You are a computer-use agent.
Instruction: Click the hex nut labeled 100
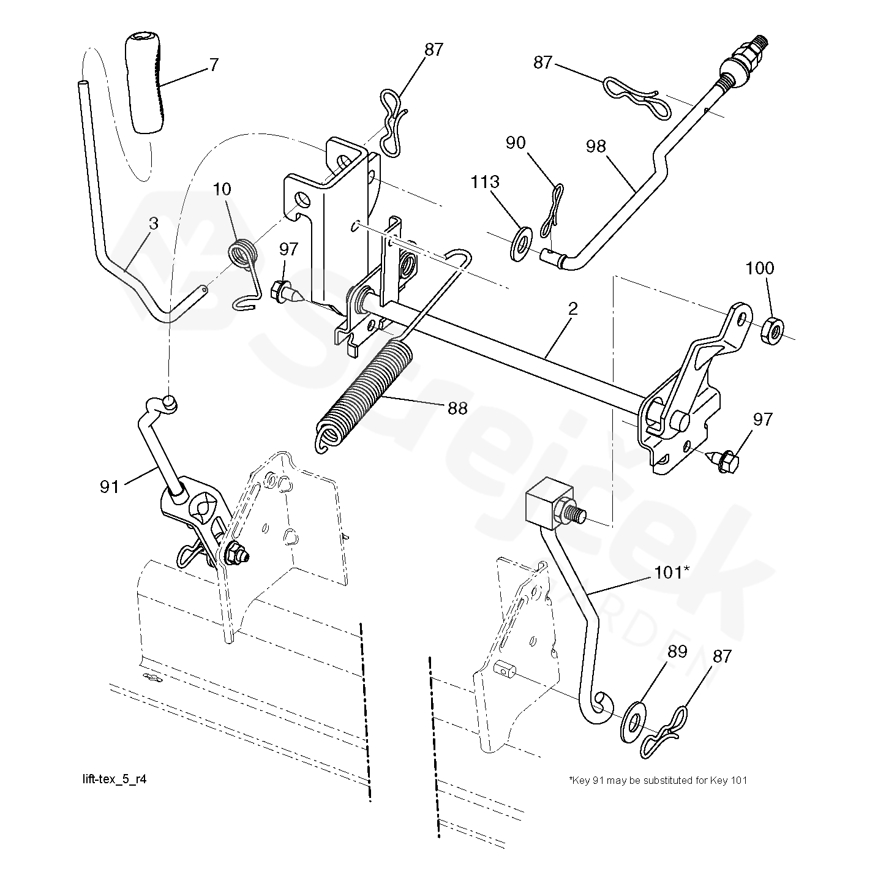[x=773, y=329]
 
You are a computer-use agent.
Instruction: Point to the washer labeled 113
[x=520, y=243]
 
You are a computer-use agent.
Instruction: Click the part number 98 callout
[x=596, y=146]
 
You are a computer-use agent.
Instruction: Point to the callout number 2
[x=573, y=309]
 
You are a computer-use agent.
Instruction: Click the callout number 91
[x=110, y=487]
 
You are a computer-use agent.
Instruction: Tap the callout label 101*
[x=672, y=573]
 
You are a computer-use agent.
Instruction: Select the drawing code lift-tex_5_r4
[x=115, y=779]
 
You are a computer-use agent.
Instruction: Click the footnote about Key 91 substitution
[x=658, y=780]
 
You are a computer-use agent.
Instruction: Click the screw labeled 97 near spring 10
[x=286, y=293]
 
